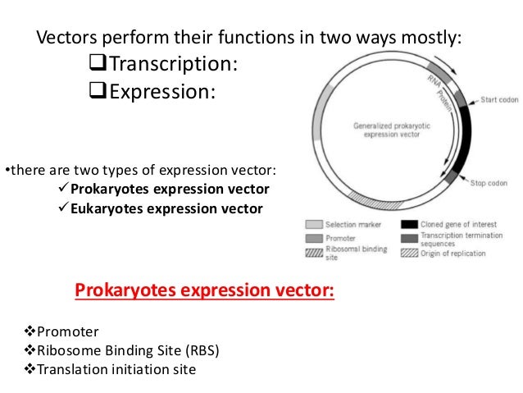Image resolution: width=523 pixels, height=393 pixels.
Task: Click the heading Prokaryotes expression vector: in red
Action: (x=204, y=291)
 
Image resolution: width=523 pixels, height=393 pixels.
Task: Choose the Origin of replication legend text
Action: (x=455, y=253)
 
